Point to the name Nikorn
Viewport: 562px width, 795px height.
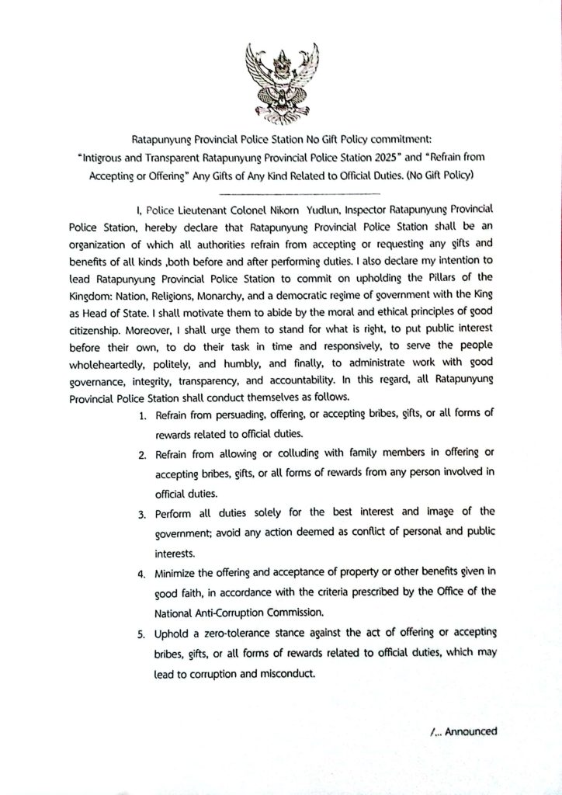click(272, 210)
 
